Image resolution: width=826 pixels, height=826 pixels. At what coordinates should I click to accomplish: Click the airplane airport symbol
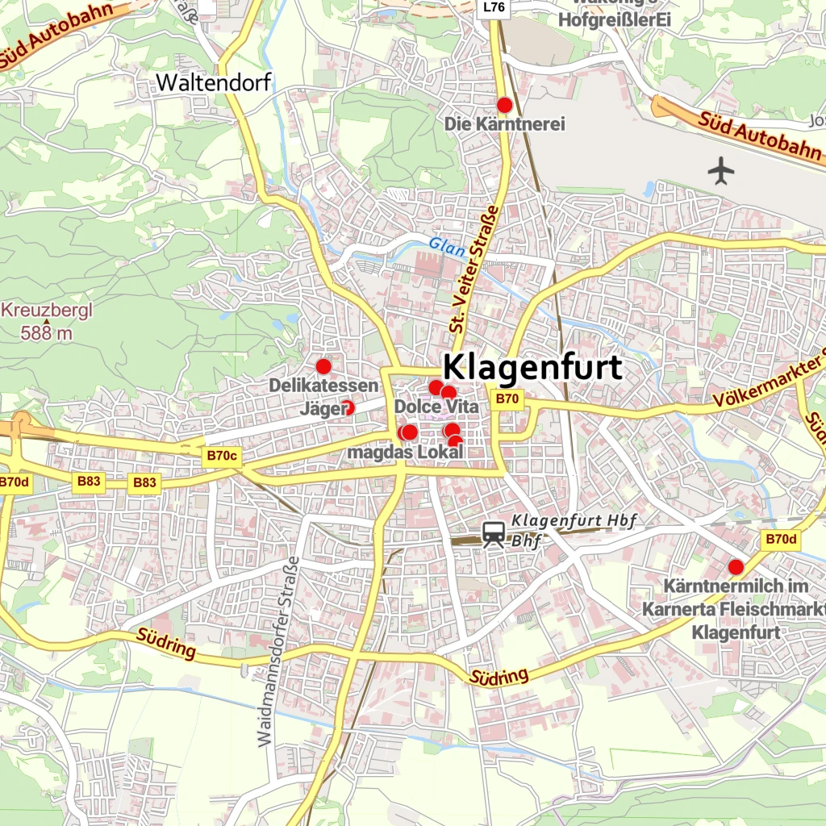tap(721, 170)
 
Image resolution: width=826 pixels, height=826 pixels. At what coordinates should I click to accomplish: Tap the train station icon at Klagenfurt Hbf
tap(494, 533)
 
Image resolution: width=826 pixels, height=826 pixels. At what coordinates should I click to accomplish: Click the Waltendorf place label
tap(214, 82)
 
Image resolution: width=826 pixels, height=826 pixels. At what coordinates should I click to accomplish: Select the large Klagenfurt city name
tap(533, 368)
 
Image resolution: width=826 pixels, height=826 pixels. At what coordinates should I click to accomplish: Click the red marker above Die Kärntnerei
tap(505, 105)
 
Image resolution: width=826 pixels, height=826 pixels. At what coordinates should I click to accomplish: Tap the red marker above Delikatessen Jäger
tap(323, 366)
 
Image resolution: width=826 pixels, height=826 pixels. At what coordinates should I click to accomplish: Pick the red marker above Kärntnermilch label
tap(736, 566)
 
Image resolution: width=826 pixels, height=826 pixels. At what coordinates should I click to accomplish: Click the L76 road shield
tap(494, 8)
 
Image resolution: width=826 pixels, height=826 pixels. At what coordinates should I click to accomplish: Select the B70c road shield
tap(222, 456)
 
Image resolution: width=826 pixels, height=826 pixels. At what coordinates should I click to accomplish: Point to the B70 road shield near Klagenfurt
tap(508, 398)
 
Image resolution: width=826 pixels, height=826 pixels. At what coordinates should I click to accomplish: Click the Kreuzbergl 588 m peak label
tap(47, 320)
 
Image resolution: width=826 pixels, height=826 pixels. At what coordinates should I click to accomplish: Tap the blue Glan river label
tap(446, 247)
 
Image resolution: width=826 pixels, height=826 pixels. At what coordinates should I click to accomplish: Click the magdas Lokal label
tap(405, 453)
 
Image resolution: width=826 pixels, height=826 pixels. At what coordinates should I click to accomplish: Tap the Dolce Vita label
tap(436, 407)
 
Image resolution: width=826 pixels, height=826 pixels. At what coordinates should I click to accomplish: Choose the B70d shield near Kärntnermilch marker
tap(781, 540)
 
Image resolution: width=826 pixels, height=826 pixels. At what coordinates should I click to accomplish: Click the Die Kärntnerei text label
tap(505, 124)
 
